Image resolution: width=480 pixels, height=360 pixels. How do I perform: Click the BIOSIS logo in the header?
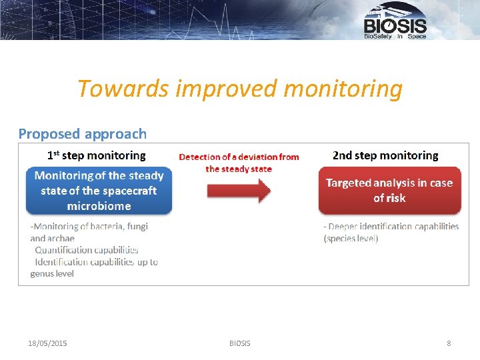[395, 21]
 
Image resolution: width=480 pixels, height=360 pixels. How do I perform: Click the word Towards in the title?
[123, 89]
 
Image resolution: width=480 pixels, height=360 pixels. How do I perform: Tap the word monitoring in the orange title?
[343, 89]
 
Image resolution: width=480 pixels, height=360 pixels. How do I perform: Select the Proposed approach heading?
[83, 134]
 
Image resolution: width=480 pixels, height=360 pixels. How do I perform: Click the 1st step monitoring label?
[97, 155]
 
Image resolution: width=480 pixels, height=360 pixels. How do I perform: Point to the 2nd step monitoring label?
[385, 155]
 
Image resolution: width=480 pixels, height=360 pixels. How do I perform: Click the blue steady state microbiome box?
[99, 191]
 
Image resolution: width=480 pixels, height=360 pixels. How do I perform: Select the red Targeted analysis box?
[390, 190]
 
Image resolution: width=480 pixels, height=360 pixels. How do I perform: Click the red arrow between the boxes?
[239, 191]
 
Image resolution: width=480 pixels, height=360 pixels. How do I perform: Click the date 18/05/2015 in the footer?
[47, 343]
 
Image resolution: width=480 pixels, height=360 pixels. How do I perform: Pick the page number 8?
[449, 343]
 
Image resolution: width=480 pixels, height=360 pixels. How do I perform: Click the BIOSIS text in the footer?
[240, 343]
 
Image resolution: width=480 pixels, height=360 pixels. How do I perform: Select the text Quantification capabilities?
[87, 250]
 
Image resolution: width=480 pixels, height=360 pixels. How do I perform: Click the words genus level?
[52, 274]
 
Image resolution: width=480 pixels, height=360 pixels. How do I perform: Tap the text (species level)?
[351, 239]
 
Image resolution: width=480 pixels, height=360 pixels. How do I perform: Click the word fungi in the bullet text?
[137, 227]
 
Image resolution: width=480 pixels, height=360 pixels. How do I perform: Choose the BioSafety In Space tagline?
[395, 36]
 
